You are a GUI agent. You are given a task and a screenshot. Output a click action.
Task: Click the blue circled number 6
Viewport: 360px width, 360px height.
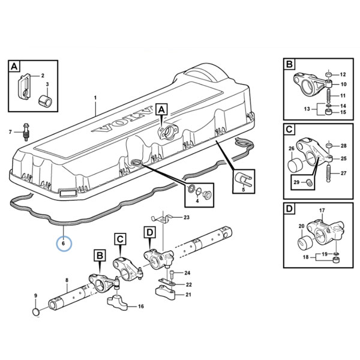[x=64, y=243]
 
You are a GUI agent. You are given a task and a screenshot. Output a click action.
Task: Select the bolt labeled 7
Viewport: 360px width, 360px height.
[x=25, y=132]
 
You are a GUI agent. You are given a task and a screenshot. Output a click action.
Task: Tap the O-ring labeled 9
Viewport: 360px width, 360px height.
[x=35, y=312]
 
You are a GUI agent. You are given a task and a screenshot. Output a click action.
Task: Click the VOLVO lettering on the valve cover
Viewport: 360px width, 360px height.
[x=122, y=121]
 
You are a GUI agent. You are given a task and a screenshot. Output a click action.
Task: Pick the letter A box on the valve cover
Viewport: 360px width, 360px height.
[x=161, y=109]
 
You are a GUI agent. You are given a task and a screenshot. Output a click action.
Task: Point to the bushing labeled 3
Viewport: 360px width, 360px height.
[x=45, y=101]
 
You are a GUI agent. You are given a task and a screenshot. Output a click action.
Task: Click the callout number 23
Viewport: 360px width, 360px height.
[x=186, y=217]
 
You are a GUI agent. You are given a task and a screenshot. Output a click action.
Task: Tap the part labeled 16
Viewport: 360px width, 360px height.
[x=117, y=303]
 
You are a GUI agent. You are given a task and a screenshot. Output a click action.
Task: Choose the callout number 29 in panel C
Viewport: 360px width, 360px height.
[x=296, y=182]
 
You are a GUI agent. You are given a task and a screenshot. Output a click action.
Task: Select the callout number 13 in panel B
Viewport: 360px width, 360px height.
[x=307, y=109]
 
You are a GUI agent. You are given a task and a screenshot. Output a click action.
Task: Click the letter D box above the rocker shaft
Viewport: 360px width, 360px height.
[x=149, y=232]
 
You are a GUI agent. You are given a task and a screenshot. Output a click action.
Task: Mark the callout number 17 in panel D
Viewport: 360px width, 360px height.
[x=322, y=210]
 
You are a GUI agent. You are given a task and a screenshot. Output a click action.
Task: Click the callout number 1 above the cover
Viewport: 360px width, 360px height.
[x=95, y=98]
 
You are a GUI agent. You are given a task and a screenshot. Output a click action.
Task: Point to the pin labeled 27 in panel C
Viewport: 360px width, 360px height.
[x=328, y=173]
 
